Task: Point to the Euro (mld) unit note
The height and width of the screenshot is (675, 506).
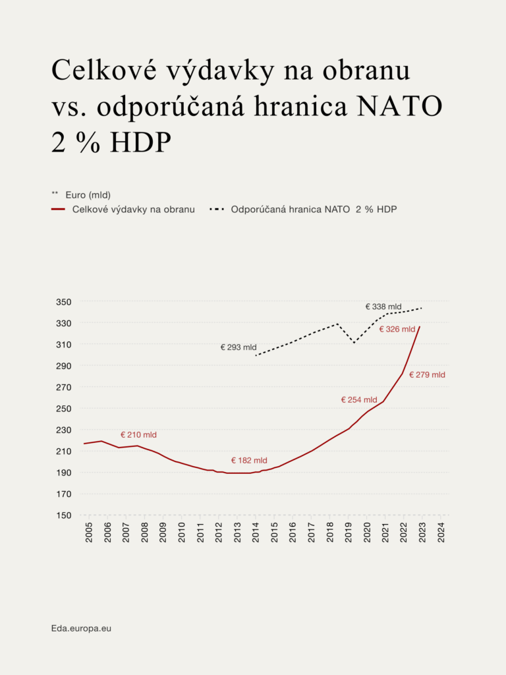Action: point(88,194)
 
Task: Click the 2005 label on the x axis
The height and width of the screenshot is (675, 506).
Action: point(89,533)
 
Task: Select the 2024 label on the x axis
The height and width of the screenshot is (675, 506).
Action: point(441,533)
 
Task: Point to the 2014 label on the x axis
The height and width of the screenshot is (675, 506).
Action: point(256,533)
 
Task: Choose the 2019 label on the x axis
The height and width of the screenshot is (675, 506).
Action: point(349,533)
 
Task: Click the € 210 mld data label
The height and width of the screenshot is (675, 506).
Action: point(138,435)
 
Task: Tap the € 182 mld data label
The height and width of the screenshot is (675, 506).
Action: point(249,461)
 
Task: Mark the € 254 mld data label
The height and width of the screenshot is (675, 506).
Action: point(359,399)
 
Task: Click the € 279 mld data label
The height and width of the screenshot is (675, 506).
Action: point(427,375)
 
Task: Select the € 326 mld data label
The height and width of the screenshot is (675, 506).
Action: point(397,329)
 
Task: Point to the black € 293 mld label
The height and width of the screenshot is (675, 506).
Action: point(239,347)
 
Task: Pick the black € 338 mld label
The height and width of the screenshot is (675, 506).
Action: point(383,307)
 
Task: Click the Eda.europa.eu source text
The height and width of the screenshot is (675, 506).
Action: point(81,628)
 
